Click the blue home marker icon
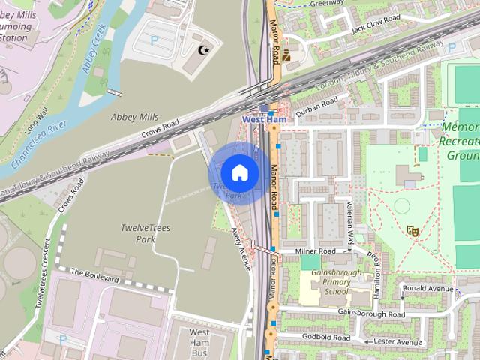(x=238, y=173)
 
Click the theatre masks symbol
(x=411, y=230)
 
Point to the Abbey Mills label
(x=134, y=117)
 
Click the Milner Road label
(x=315, y=250)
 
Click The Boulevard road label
(x=94, y=275)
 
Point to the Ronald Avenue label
(x=428, y=289)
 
